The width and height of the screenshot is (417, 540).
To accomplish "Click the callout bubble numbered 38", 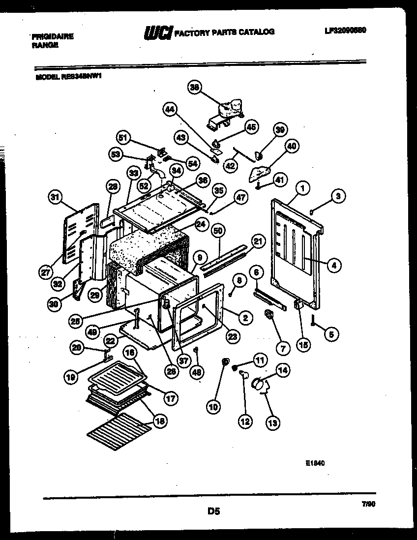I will pyautogui.click(x=195, y=87).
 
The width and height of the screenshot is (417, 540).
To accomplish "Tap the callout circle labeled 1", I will pyautogui.click(x=303, y=187).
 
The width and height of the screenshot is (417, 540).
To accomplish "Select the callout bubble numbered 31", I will pyautogui.click(x=56, y=197).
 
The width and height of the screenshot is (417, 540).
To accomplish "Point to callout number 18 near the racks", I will pyautogui.click(x=160, y=420).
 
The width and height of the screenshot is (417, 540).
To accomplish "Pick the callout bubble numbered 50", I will pyautogui.click(x=218, y=231).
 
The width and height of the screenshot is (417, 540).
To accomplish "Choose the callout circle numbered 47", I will pyautogui.click(x=240, y=198).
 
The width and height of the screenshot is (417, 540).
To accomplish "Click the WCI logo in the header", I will pyautogui.click(x=158, y=33).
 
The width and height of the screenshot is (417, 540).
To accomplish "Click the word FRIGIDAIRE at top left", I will pyautogui.click(x=53, y=37).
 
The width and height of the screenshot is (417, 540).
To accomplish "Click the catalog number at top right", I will pyautogui.click(x=345, y=30).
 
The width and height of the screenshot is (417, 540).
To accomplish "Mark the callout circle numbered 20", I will pyautogui.click(x=76, y=347).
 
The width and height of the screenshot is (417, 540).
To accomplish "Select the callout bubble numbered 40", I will pyautogui.click(x=292, y=146).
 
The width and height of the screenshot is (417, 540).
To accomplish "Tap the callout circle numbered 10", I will pyautogui.click(x=213, y=406).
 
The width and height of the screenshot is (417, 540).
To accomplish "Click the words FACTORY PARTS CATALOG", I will pyautogui.click(x=225, y=32).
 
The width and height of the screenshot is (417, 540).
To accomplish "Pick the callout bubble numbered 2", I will pyautogui.click(x=244, y=318).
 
